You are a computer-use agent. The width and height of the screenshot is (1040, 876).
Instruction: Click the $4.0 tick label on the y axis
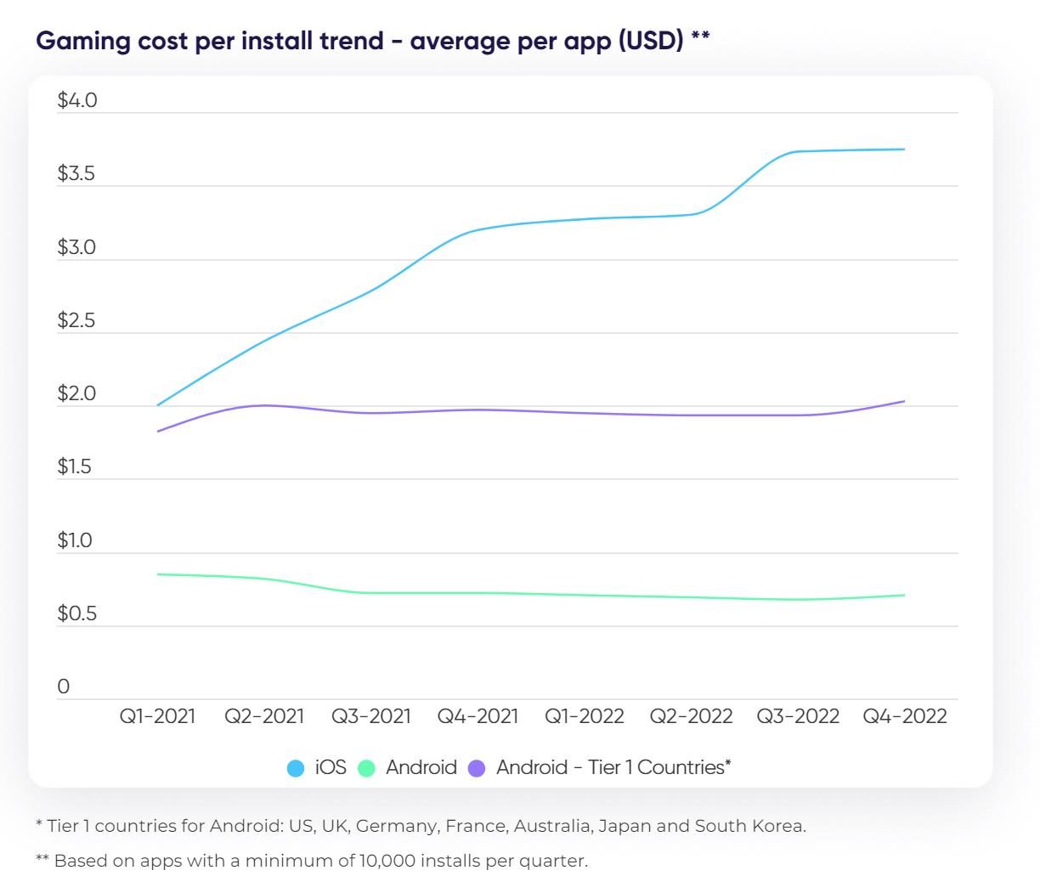click(x=77, y=101)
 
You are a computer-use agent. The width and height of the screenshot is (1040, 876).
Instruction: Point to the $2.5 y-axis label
click(x=77, y=321)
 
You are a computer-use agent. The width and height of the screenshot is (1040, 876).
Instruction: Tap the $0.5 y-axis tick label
click(x=77, y=614)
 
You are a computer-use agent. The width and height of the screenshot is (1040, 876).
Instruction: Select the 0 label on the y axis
click(x=64, y=687)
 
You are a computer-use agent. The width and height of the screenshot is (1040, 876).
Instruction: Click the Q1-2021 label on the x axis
click(x=157, y=716)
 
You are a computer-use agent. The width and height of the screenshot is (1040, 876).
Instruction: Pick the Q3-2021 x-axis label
click(x=371, y=716)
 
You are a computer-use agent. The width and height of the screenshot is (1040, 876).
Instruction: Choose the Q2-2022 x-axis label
click(x=691, y=716)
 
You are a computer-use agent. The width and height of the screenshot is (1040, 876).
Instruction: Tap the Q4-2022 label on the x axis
click(x=905, y=716)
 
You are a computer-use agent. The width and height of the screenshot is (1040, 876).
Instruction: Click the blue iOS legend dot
click(x=296, y=768)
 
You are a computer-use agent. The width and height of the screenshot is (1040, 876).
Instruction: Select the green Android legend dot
click(x=366, y=768)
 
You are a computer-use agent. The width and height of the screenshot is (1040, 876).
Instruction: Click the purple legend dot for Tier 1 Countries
click(x=477, y=768)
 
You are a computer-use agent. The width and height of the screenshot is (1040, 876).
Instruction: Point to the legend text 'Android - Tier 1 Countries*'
click(x=613, y=767)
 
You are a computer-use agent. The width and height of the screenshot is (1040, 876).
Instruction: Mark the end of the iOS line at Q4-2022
click(x=904, y=150)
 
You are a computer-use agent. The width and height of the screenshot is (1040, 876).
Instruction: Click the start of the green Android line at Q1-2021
click(x=158, y=574)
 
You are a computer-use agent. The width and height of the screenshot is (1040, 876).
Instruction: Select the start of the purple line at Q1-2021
click(x=158, y=432)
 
